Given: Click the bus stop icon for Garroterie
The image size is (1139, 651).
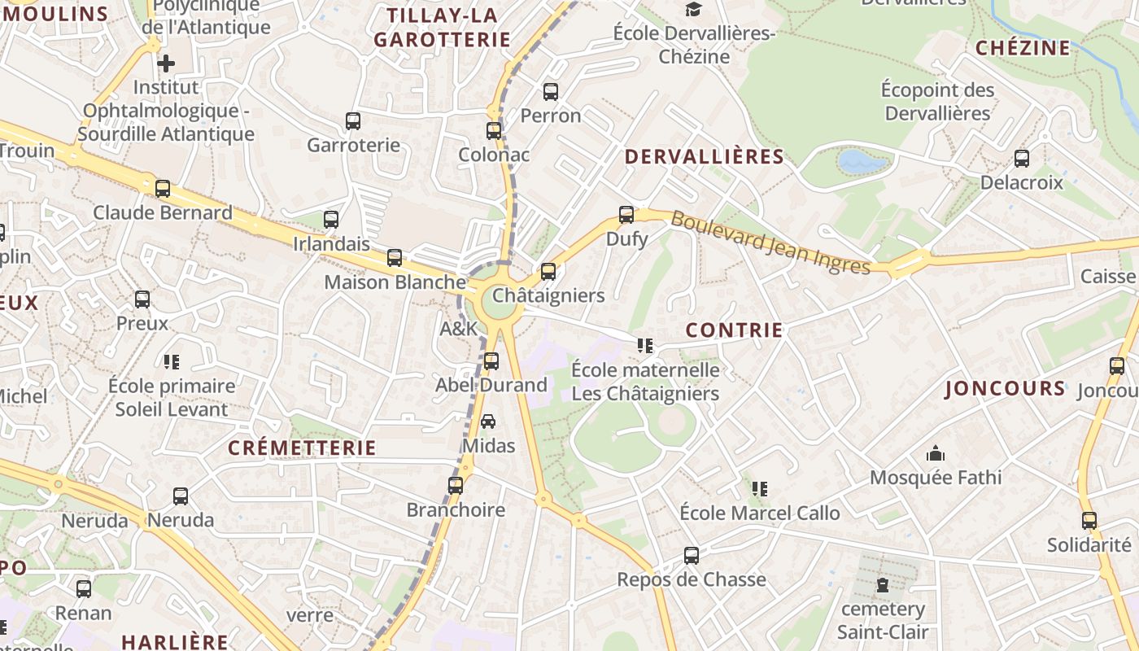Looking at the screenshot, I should click(352, 121).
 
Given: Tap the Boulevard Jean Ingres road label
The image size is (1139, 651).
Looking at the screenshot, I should click(770, 242).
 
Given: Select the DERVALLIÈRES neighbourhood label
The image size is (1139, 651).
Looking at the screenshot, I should click(704, 157).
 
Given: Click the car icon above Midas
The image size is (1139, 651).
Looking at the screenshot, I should click(488, 421).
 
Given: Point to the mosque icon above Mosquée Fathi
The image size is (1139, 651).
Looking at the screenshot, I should click(936, 452).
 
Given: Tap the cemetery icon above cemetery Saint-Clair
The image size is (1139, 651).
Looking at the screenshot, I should click(882, 584).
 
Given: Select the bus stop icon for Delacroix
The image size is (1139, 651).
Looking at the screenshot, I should click(1021, 159).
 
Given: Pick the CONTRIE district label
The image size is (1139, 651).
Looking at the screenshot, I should click(734, 330).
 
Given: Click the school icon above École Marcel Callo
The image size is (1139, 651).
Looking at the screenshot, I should click(759, 488).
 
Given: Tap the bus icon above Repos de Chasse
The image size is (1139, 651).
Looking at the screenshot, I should click(691, 556).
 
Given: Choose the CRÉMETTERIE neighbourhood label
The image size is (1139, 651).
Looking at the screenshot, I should click(302, 448).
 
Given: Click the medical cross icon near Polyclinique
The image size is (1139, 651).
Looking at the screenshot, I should click(166, 63).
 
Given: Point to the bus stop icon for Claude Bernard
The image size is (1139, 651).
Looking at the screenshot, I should click(163, 189).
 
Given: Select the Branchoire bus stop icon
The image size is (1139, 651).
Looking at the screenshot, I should click(456, 486).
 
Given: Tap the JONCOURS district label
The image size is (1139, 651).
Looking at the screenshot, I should click(1005, 388).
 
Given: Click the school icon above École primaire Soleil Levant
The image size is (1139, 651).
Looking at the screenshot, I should click(171, 361).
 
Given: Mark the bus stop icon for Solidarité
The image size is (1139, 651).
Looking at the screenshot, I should click(1089, 521).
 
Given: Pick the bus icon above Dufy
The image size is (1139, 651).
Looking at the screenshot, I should click(626, 215).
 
